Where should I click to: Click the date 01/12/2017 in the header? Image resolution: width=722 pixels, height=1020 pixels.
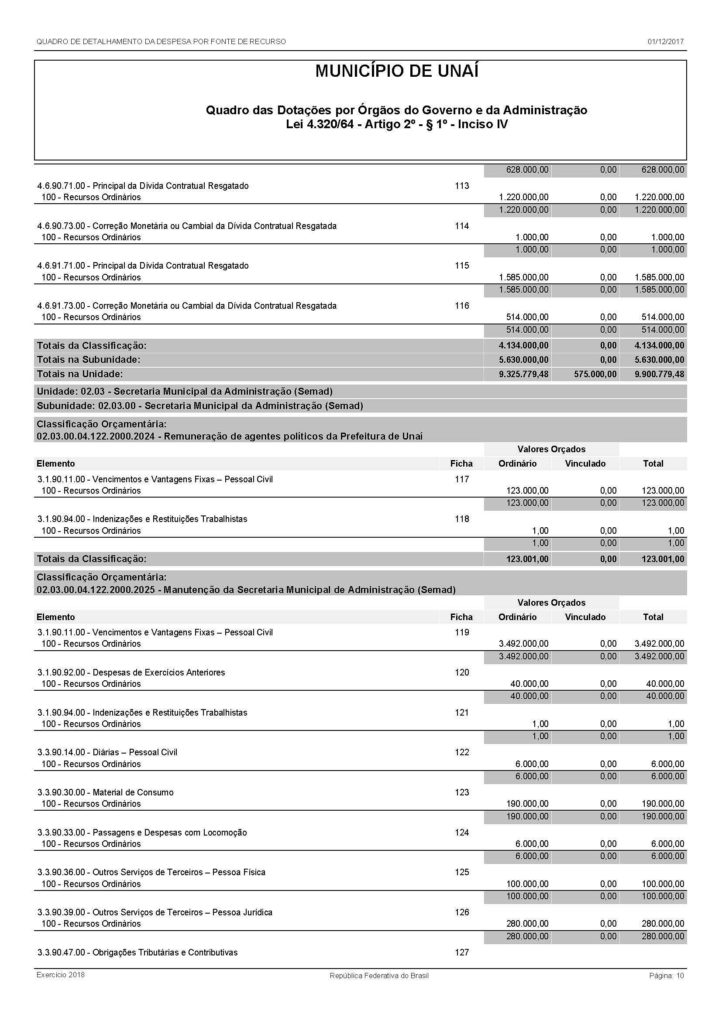(x=666, y=42)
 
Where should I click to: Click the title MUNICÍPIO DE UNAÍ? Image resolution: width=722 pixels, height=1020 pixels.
(x=396, y=72)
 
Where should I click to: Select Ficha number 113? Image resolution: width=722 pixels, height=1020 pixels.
(x=462, y=186)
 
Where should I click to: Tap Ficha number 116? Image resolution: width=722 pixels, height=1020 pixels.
(x=462, y=306)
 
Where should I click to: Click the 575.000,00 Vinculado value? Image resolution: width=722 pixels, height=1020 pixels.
(x=595, y=374)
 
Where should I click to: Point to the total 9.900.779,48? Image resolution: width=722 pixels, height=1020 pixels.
(x=659, y=374)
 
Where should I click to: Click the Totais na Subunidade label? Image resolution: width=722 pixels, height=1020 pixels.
(x=89, y=359)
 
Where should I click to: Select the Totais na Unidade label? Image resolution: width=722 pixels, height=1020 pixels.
(x=80, y=374)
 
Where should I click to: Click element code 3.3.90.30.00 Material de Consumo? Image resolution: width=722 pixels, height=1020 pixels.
(x=105, y=792)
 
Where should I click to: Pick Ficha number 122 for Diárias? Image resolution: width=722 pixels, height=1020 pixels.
(x=462, y=752)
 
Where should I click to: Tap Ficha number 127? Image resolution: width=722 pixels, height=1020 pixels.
(x=462, y=952)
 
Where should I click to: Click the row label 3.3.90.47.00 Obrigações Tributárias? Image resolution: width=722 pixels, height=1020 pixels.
(x=138, y=952)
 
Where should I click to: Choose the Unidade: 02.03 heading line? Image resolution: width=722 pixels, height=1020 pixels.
(x=185, y=391)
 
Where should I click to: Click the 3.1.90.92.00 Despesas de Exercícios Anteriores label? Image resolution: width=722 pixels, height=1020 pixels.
(x=131, y=672)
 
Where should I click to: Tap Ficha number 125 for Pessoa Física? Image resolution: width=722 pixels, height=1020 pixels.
(x=462, y=872)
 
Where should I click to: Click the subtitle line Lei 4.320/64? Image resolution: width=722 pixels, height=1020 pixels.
(x=396, y=124)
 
